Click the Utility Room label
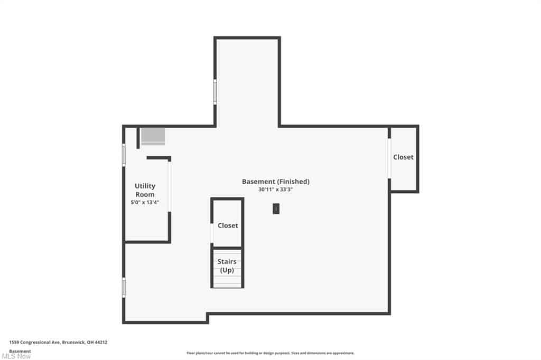pos(145,190)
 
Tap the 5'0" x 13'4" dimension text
pos(145,202)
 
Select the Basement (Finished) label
pos(276,182)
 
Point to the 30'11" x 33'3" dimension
pos(276,190)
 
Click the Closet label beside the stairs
pos(228,225)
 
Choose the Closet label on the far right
pos(403,157)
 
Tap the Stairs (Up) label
pos(227,266)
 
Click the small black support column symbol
pos(276,209)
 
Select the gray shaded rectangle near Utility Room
pos(153,137)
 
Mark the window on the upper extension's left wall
pos(215,92)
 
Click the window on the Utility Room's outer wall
pos(124,155)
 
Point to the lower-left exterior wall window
pos(124,288)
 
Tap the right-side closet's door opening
pos(389,158)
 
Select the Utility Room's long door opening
pos(170,186)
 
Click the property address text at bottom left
pos(58,343)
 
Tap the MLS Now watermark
pos(16,356)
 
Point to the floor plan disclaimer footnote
pos(270,353)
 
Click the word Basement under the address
pos(20,351)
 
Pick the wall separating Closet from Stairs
pos(227,248)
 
